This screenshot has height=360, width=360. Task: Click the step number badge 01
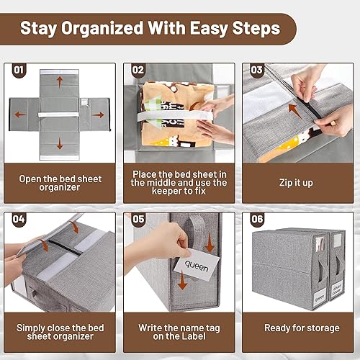coord(19,71)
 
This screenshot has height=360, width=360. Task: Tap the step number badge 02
coord(138,71)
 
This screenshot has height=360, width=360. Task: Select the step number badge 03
coord(256,71)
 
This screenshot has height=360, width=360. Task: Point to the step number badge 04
coord(19,220)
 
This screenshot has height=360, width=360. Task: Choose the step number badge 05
coord(138,220)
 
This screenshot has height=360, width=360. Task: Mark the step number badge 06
coord(257,220)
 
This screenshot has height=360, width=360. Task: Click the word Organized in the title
coord(102,29)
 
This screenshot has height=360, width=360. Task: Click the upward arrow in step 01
coord(60,82)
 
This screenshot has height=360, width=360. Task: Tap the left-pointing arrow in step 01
coord(20,114)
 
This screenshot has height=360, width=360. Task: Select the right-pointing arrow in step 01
coord(98,114)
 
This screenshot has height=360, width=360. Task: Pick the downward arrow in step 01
coord(60,144)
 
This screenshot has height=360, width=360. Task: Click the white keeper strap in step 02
coord(175,117)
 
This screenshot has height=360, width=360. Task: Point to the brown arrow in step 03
coord(294,111)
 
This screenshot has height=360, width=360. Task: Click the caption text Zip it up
coord(296,183)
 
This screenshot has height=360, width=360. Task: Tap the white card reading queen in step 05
coord(197,265)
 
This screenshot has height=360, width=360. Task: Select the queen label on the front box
coord(320,297)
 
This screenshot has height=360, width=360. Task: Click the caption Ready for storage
coord(302,328)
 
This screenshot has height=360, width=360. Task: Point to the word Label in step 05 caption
coord(193,336)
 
